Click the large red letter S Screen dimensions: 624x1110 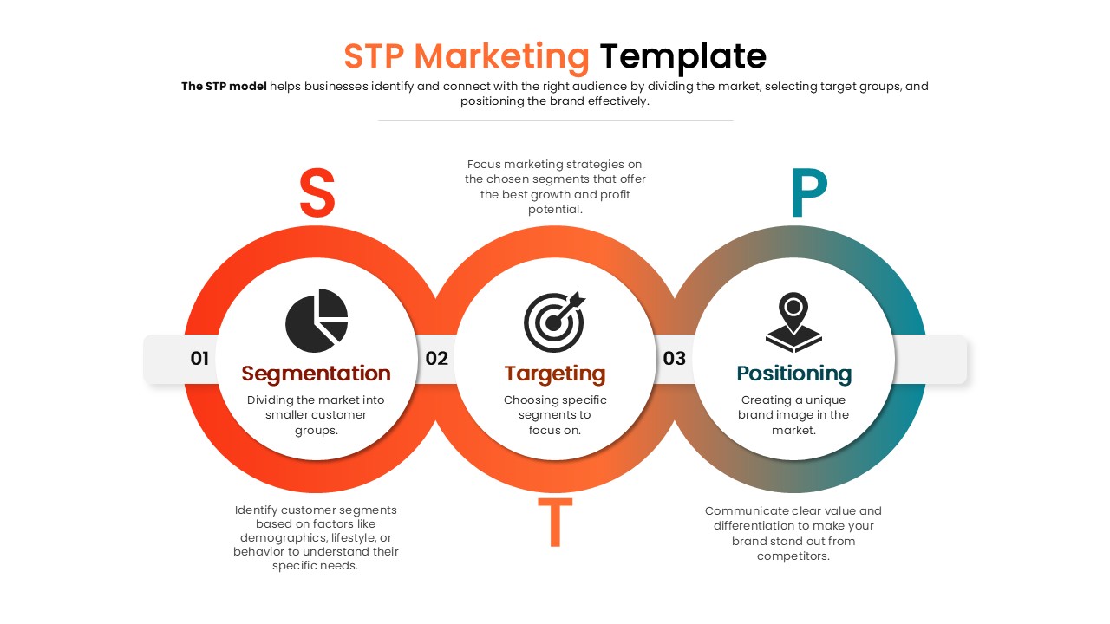point(317,193)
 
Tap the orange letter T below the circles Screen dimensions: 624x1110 point(555,523)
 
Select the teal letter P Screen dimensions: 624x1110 point(808,193)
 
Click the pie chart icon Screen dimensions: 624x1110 point(317,321)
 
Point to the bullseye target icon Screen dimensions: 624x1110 point(555,322)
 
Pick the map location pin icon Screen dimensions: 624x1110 point(793,322)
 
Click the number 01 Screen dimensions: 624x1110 point(199,358)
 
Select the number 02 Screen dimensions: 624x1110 point(437,358)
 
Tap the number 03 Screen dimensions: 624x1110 point(675,358)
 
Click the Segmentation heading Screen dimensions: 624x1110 point(317,374)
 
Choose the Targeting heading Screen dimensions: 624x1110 point(555,374)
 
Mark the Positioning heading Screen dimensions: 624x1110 point(793,374)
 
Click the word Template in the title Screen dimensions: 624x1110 point(683,56)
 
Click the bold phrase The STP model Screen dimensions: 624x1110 point(224,86)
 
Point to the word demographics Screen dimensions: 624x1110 point(287,537)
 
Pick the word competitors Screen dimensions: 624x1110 point(793,556)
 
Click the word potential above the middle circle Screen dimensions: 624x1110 point(555,209)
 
